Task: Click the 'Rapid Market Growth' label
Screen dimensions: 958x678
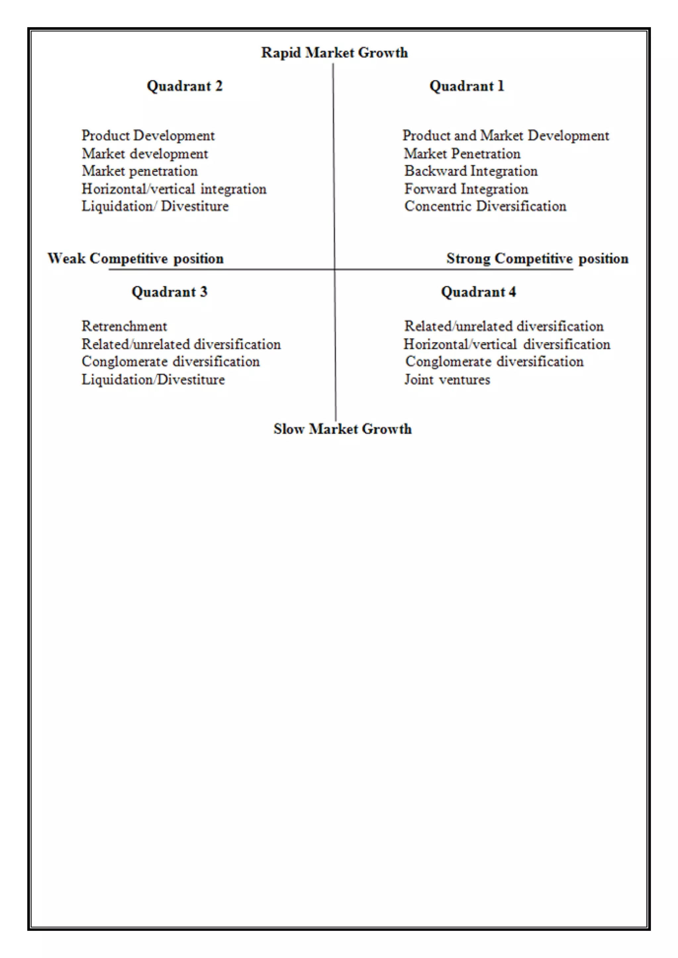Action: click(334, 53)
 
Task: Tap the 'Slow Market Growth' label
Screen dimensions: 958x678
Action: click(342, 429)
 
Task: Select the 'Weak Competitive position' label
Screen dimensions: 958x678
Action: click(135, 259)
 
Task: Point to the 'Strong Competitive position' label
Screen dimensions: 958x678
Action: click(537, 259)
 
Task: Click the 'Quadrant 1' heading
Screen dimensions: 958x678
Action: click(467, 86)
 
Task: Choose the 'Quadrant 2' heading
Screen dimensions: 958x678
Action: click(184, 86)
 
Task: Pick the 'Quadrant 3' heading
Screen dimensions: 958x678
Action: click(169, 292)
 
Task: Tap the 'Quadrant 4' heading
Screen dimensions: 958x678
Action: click(478, 292)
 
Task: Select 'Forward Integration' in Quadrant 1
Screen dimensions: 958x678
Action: click(466, 189)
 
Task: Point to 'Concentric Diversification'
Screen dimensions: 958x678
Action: click(485, 206)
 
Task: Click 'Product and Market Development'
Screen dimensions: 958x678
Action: click(506, 136)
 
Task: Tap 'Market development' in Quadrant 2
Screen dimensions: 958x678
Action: click(145, 154)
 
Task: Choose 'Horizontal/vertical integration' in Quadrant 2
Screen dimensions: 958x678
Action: click(174, 189)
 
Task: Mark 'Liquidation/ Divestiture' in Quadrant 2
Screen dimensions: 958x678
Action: click(155, 206)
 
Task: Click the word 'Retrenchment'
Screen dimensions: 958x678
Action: click(124, 326)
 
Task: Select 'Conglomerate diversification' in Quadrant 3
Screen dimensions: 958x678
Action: click(171, 361)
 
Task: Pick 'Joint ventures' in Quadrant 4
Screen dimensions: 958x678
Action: click(447, 380)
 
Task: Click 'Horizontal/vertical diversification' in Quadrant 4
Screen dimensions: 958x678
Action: click(507, 344)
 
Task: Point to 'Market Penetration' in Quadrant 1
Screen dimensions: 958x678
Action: click(462, 154)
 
